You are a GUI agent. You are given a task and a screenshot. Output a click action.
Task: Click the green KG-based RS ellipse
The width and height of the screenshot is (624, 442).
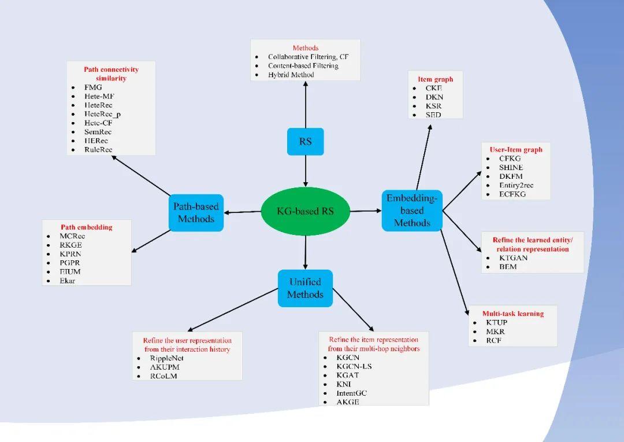pos(305,211)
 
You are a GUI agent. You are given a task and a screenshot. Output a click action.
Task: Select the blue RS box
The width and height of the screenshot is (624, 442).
pos(305,141)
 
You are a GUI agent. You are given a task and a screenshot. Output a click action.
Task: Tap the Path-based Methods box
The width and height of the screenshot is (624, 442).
pos(196,212)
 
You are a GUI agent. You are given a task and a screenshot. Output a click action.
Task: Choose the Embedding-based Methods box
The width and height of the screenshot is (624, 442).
pos(412,211)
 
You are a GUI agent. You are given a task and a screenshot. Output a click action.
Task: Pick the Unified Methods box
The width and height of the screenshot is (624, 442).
pos(305,288)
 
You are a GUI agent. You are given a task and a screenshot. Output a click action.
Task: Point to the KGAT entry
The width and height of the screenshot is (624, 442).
pos(348,375)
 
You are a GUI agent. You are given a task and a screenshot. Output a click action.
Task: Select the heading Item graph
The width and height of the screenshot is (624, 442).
pos(435,79)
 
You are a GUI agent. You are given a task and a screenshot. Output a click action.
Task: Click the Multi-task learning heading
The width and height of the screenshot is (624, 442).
pos(512,314)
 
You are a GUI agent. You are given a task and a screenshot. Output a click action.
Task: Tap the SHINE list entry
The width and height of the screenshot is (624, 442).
pos(511,167)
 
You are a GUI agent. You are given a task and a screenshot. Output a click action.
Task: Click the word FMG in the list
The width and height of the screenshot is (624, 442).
pos(93,87)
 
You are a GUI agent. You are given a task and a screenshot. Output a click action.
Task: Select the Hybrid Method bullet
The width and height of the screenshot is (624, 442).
pos(291,75)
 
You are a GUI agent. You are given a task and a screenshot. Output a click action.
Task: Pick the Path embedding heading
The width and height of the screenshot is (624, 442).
pos(87,227)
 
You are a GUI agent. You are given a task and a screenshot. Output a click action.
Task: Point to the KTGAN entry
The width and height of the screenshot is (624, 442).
pos(514,258)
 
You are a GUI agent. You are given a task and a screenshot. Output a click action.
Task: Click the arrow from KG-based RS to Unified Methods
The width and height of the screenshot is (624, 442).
pos(305,252)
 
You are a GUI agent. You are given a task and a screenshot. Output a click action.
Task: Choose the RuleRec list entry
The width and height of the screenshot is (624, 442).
pos(98,150)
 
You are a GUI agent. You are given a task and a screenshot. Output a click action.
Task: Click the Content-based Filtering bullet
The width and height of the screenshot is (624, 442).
pos(303,66)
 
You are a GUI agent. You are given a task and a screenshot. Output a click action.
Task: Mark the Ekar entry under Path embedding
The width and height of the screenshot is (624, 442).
pos(68,281)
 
